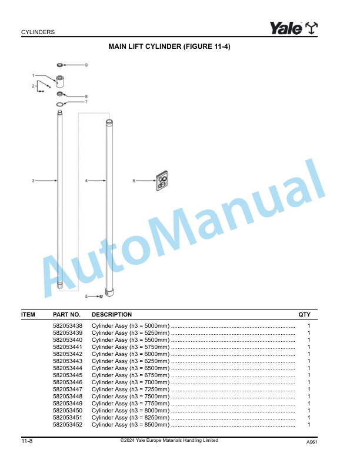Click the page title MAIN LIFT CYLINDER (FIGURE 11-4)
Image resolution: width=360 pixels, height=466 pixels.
click(169, 46)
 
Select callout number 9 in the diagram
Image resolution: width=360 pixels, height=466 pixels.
click(86, 64)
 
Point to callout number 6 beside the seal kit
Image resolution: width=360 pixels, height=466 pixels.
click(134, 181)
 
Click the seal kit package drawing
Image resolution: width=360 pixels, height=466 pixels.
click(162, 182)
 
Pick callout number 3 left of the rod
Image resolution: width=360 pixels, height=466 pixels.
click(34, 180)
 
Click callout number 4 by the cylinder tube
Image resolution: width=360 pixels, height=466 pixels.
click(86, 181)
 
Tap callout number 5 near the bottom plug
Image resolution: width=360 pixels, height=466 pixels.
click(86, 296)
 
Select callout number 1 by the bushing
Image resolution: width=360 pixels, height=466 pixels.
click(34, 75)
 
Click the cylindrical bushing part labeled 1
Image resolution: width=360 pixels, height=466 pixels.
click(61, 81)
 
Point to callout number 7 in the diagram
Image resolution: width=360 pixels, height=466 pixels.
click(86, 102)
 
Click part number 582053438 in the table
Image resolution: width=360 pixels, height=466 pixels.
click(68, 325)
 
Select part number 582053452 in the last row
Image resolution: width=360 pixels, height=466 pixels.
click(68, 424)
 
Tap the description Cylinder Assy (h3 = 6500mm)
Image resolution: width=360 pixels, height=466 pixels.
click(131, 368)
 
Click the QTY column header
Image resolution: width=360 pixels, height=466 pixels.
click(305, 315)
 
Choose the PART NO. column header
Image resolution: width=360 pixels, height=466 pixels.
click(66, 315)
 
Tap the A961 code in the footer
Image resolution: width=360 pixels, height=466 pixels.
click(311, 442)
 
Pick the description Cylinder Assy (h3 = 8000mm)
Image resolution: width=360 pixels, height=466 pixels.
click(131, 410)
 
